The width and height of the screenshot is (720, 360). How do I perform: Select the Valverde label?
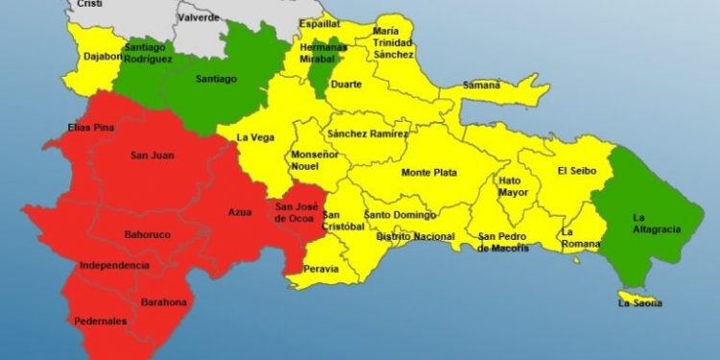coord(199,17)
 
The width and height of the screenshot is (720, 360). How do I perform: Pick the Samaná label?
coord(480,85)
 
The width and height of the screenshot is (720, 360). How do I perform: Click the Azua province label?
coord(240,212)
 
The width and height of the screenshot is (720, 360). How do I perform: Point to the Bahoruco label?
coord(148,234)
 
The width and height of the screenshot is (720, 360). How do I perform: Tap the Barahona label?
coord(163,302)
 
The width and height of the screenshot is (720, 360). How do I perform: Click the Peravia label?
coord(321,269)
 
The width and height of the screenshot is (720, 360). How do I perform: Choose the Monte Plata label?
coord(428,173)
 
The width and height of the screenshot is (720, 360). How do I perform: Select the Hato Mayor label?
coord(513,186)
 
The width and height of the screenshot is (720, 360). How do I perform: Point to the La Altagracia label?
coord(654,223)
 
